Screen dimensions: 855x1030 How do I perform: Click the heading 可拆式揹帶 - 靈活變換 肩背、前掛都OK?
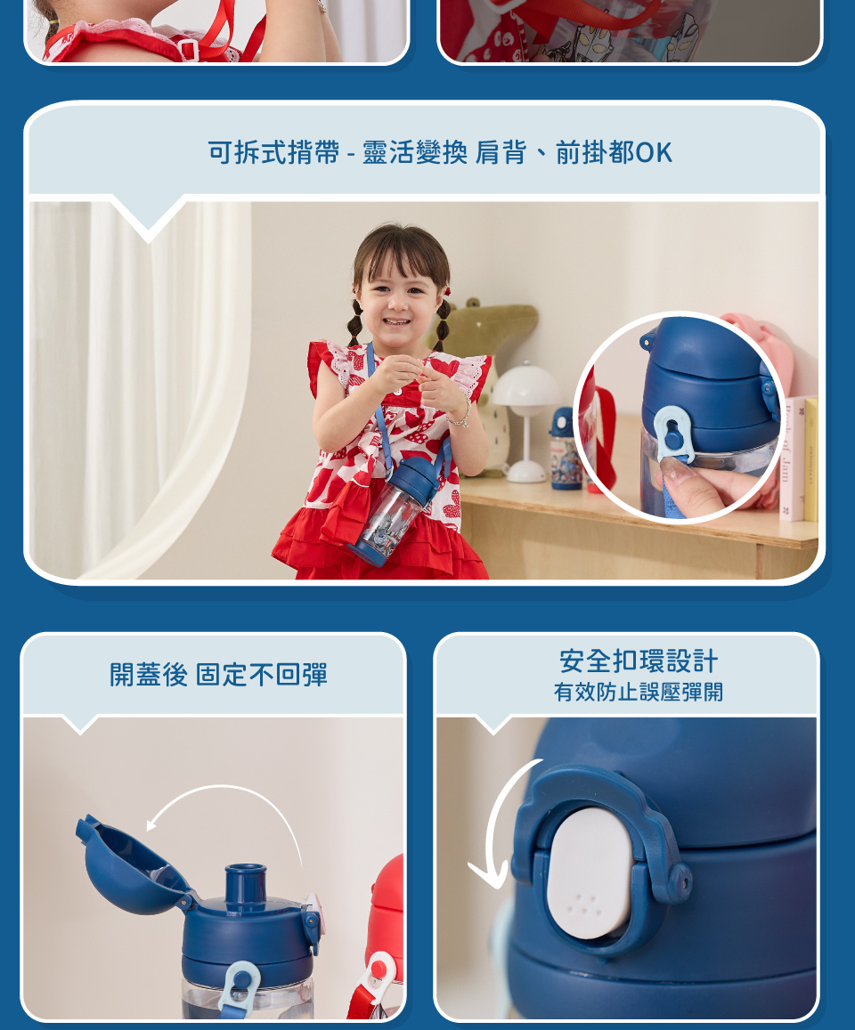click(x=440, y=152)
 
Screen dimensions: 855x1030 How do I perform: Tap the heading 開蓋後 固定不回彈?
click(x=218, y=675)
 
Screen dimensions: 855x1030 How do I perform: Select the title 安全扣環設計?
click(x=638, y=661)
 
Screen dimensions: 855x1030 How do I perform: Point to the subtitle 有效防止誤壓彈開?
click(x=638, y=693)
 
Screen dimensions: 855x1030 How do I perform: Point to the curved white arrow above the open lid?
click(x=224, y=788)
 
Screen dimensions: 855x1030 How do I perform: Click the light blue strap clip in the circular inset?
click(x=673, y=434)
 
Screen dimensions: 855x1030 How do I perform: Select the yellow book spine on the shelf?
click(x=811, y=460)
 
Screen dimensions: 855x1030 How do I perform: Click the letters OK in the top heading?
click(x=655, y=152)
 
